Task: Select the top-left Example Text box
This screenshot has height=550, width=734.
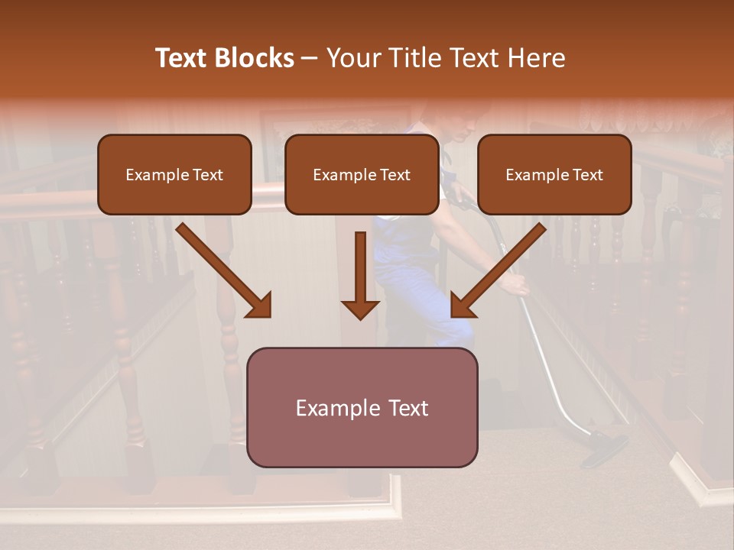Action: [x=174, y=174]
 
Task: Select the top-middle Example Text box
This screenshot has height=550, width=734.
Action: [x=362, y=174]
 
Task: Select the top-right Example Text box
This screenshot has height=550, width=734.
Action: [x=554, y=174]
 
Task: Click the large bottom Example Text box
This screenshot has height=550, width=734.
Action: [x=362, y=407]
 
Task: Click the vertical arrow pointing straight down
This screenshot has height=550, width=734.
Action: [x=360, y=275]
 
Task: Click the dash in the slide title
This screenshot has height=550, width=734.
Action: [x=310, y=58]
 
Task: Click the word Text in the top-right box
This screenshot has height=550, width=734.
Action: [x=587, y=175]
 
